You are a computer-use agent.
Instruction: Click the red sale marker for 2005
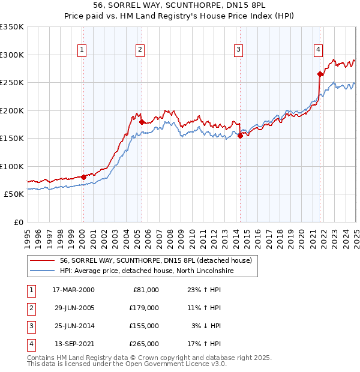(142, 122)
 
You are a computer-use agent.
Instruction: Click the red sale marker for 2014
(240, 136)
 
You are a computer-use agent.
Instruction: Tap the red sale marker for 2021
(320, 74)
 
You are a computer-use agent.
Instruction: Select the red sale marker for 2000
(84, 176)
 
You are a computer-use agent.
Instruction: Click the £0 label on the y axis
(19, 222)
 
